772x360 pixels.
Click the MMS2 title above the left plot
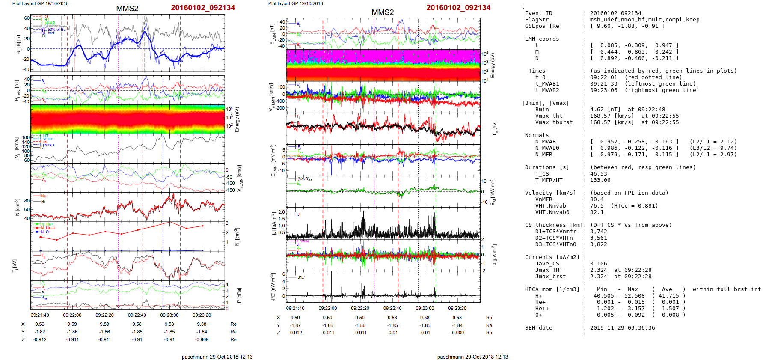tap(127, 9)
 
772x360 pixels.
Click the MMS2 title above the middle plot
tap(382, 12)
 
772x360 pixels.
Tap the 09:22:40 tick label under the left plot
tap(137, 315)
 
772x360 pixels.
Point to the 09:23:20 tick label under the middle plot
tap(457, 308)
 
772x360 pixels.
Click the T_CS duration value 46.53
tap(599, 174)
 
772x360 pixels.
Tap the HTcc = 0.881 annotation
tap(634, 206)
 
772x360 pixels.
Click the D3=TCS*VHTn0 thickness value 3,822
tap(599, 244)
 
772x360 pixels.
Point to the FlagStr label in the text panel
tap(537, 20)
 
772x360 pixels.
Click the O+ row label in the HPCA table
tap(538, 315)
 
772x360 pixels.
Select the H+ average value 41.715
tap(668, 296)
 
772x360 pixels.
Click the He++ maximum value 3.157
tap(634, 309)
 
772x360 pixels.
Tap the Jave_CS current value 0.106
tap(599, 264)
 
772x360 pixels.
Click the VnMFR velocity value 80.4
tap(597, 199)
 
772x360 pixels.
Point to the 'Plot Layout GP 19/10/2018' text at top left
tap(40, 3)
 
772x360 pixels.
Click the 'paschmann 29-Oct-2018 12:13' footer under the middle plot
tap(472, 357)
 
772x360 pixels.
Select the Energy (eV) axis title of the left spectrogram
tap(237, 119)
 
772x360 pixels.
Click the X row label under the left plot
tap(23, 324)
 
